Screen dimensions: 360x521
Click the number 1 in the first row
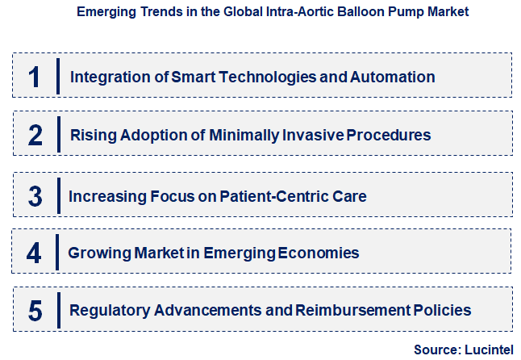[34, 77]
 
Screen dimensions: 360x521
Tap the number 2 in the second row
[35, 135]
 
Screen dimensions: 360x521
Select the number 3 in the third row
[35, 196]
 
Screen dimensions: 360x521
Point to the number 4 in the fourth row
[34, 253]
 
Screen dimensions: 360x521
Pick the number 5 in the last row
[35, 310]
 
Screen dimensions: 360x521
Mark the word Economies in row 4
[319, 253]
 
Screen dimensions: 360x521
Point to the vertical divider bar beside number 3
[58, 196]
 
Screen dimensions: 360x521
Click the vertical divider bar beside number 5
[58, 310]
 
